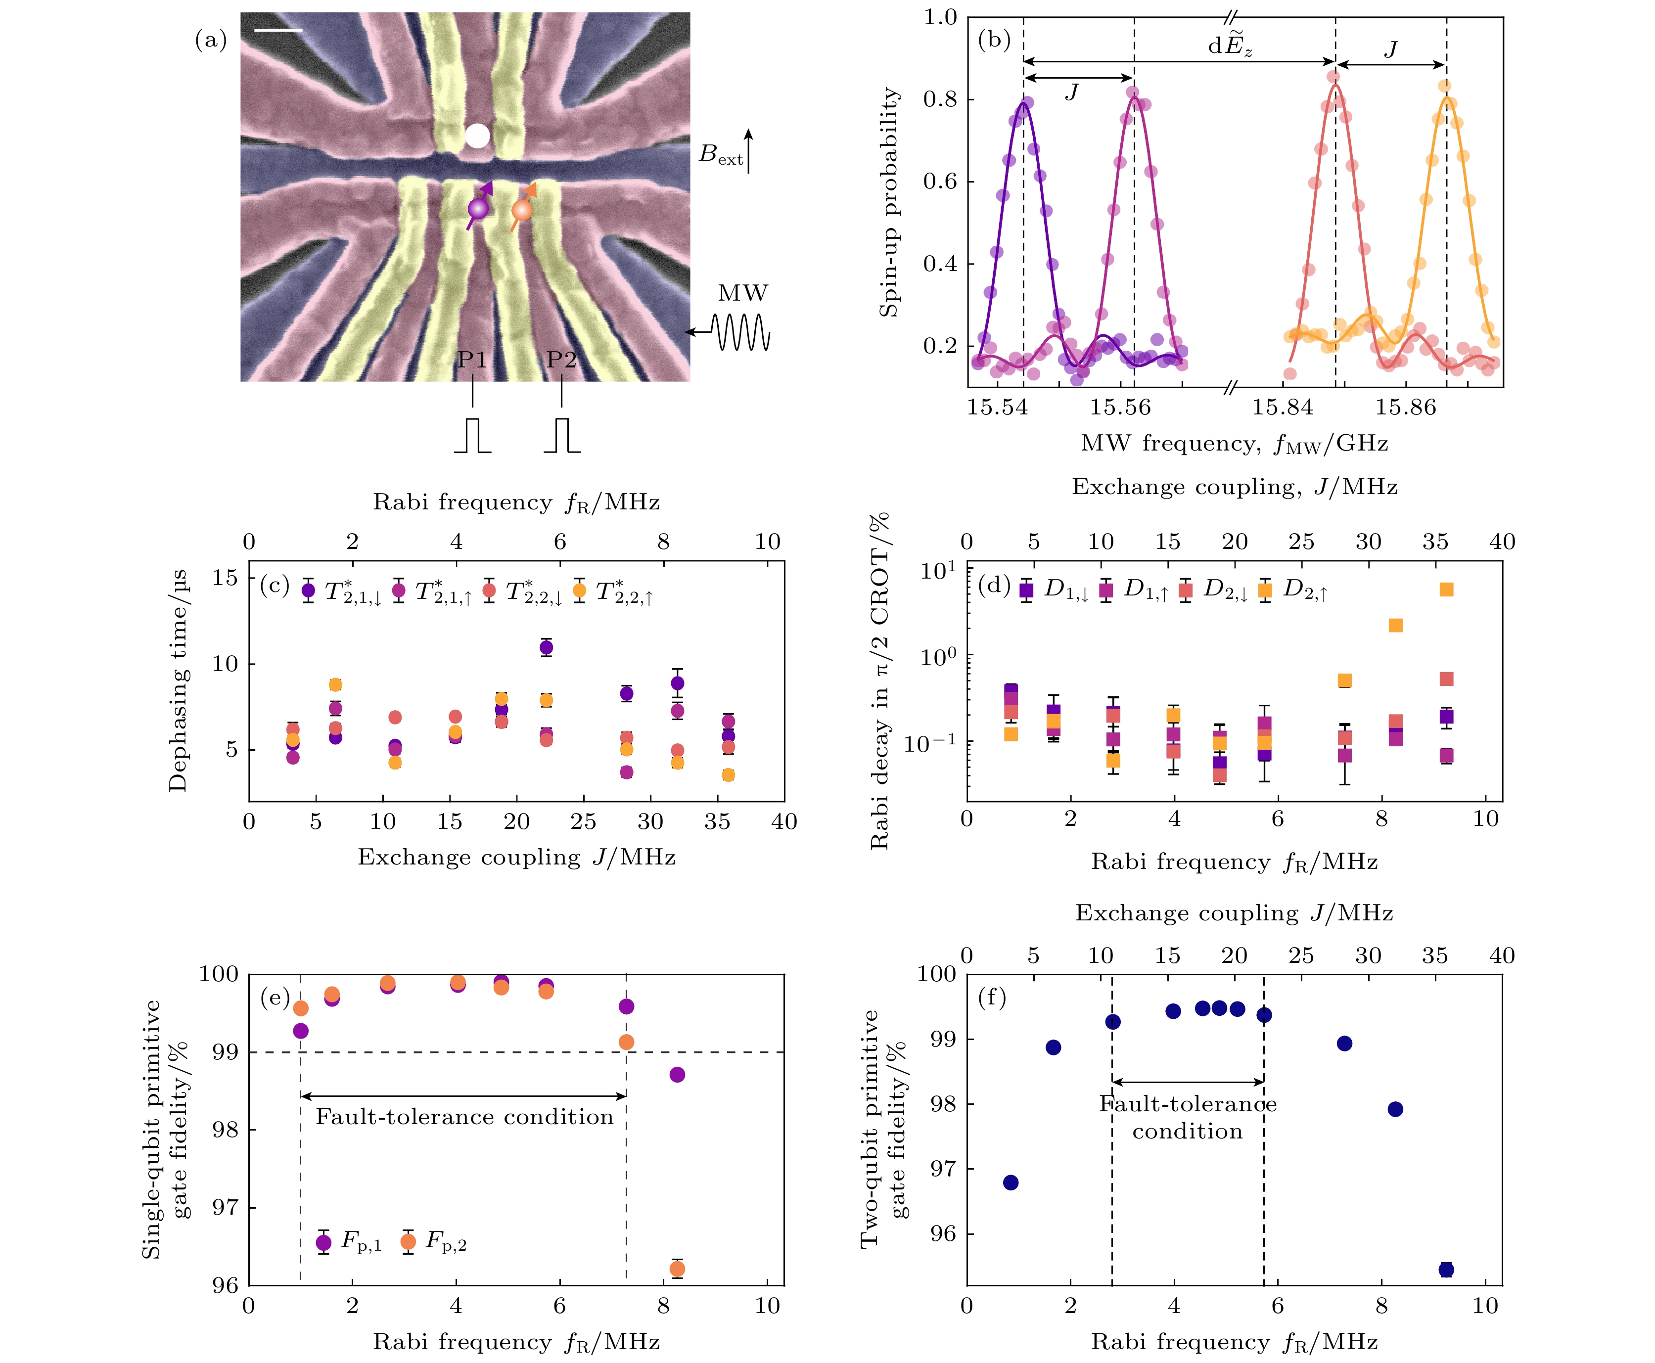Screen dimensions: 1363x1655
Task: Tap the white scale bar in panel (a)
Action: tap(278, 31)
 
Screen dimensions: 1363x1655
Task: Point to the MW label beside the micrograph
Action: tap(742, 294)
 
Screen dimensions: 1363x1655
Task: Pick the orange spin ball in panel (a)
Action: tap(521, 210)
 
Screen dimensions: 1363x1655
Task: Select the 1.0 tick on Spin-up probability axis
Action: tap(940, 17)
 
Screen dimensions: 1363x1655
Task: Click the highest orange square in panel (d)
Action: tap(1446, 590)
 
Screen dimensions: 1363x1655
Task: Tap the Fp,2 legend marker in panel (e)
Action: tap(408, 1241)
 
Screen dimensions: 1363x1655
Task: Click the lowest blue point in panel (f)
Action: tap(1446, 1270)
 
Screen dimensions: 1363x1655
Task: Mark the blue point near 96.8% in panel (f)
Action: tap(1011, 1182)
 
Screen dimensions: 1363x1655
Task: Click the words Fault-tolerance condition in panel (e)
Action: tap(464, 1117)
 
